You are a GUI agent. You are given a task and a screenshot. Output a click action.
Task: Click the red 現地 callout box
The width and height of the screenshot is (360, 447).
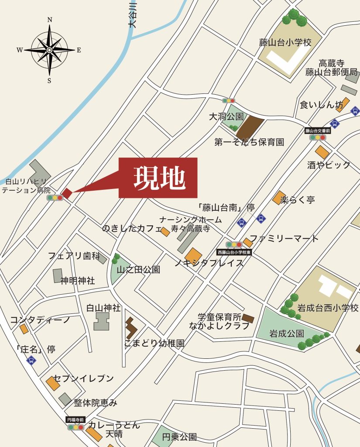[x=158, y=178]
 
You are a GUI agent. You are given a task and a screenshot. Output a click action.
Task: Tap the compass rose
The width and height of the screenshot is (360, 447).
[x=49, y=50]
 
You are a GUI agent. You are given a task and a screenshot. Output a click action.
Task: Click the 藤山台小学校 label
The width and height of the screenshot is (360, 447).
[x=285, y=43]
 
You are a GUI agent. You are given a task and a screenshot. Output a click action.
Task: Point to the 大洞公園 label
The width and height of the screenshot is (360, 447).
[x=226, y=117]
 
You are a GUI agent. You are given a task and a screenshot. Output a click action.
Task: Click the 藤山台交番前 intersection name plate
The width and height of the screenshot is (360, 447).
[x=317, y=130]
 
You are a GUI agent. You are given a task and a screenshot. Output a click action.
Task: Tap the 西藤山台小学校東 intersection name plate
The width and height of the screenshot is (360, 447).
[x=234, y=252]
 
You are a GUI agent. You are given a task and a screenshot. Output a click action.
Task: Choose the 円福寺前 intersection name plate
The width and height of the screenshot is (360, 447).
[x=75, y=419]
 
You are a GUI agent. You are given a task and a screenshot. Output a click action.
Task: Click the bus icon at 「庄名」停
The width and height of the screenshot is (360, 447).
[x=31, y=360]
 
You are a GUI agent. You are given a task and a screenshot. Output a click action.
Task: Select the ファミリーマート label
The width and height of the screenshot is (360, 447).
[x=284, y=238]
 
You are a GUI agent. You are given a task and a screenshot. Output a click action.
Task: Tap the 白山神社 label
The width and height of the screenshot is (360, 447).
[x=103, y=308]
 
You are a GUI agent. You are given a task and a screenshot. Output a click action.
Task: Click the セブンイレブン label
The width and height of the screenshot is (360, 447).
[x=83, y=378]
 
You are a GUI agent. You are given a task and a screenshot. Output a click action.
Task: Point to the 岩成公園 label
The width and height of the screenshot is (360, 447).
[x=286, y=334]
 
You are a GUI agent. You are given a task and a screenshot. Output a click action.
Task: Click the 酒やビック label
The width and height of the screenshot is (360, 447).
[x=329, y=165]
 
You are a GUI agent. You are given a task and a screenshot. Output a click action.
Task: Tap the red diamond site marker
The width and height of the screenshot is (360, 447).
[x=66, y=193]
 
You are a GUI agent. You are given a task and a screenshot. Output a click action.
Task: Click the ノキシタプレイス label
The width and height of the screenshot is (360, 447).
[x=209, y=263]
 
